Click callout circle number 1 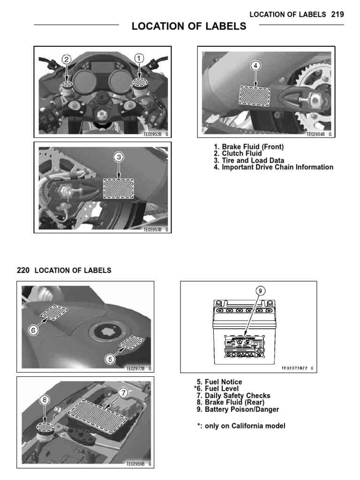pyautogui.click(x=139, y=59)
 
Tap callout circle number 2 pyautogui.click(x=67, y=60)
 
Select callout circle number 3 pyautogui.click(x=120, y=158)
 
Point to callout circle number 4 pyautogui.click(x=255, y=66)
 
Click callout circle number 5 pyautogui.click(x=110, y=359)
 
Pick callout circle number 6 pyautogui.click(x=33, y=330)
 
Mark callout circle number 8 pyautogui.click(x=44, y=400)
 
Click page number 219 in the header pyautogui.click(x=337, y=15)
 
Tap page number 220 pyautogui.click(x=23, y=270)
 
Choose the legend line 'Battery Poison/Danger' pyautogui.click(x=238, y=409)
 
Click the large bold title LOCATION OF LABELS pyautogui.click(x=189, y=27)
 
